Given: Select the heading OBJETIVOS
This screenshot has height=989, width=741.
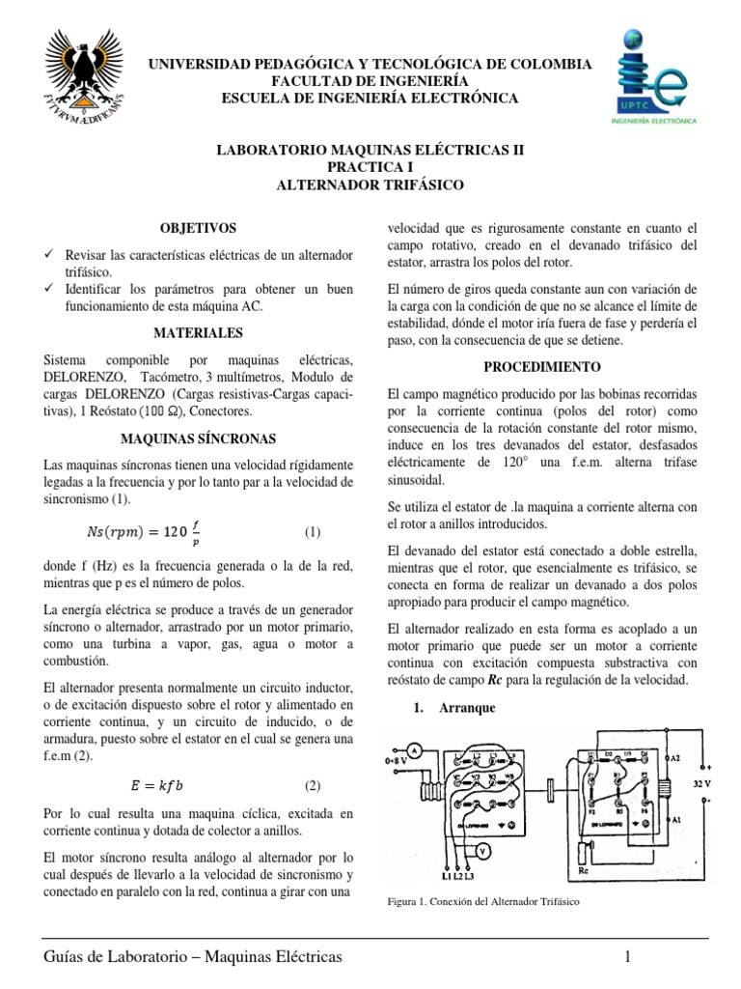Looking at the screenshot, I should (x=197, y=228).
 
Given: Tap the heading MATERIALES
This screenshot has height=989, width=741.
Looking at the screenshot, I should (x=197, y=332).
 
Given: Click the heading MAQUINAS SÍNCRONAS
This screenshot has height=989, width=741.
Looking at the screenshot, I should (x=197, y=438).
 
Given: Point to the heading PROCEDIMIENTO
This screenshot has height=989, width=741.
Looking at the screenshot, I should (x=541, y=367).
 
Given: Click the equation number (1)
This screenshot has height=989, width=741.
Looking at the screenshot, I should (x=313, y=532).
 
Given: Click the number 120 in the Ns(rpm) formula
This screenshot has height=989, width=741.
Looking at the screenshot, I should (x=175, y=532).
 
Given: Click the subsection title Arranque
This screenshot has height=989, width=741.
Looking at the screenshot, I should (x=466, y=708).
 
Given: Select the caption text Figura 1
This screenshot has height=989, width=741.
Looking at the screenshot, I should (x=404, y=902).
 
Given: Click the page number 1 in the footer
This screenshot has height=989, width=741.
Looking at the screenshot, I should (x=628, y=957).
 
